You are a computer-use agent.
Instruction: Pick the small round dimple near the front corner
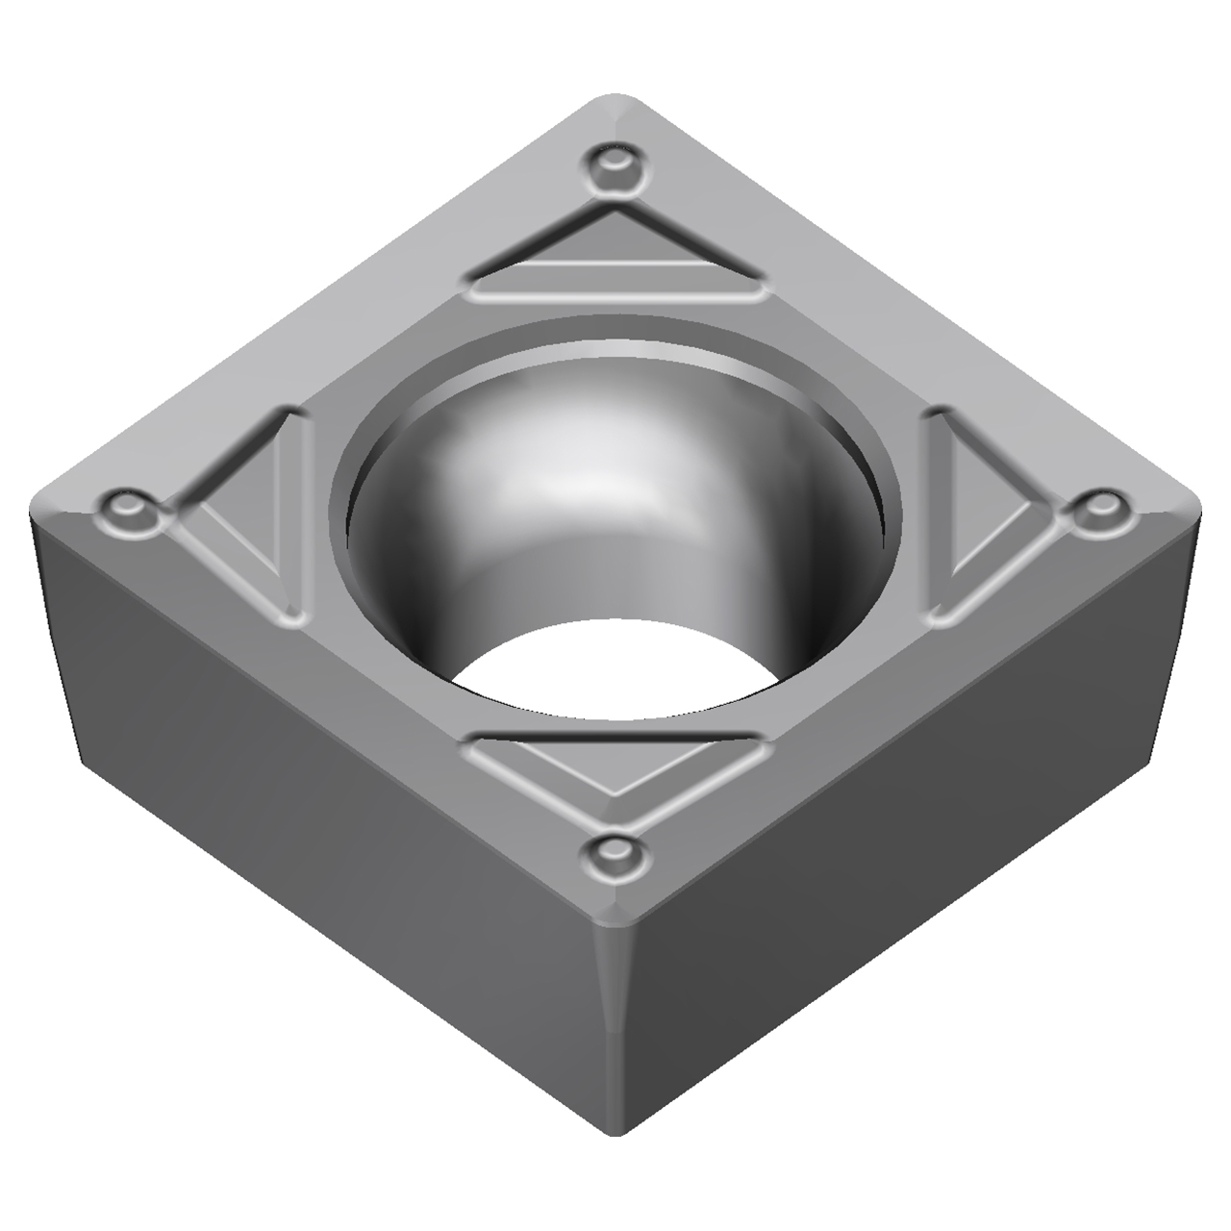click(x=614, y=849)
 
